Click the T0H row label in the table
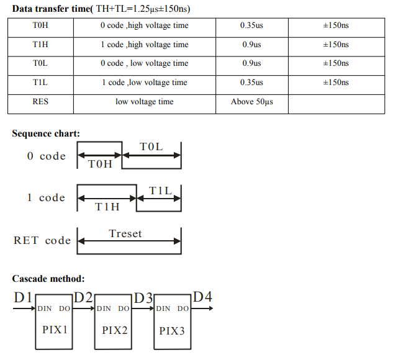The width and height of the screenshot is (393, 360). pos(40,25)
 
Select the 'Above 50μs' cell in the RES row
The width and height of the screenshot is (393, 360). pos(252,102)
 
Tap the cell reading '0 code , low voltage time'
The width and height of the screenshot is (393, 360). pos(145,63)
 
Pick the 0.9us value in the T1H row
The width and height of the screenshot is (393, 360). pos(251,45)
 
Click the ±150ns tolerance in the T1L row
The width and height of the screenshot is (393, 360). pos(336,83)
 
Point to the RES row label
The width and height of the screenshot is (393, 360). pos(40,102)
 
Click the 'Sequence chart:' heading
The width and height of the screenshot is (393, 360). pos(46,133)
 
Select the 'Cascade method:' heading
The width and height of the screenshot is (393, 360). pos(48,279)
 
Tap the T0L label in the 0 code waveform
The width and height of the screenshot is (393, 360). pos(151,147)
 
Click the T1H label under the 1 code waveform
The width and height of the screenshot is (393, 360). pos(107,207)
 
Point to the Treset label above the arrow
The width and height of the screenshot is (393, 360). pos(125,233)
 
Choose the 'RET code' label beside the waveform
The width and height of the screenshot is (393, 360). pos(42,240)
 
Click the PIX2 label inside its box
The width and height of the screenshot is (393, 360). pos(115,330)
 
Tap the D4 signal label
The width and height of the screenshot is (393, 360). pos(202,297)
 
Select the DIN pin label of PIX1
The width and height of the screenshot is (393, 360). pos(45,308)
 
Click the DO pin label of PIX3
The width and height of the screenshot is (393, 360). pos(183,308)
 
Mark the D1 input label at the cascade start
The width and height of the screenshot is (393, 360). pos(23,297)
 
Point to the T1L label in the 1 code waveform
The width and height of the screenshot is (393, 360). pos(160,191)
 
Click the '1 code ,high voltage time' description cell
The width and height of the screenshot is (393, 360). pos(145,45)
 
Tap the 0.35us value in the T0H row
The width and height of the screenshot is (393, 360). pos(251,25)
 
